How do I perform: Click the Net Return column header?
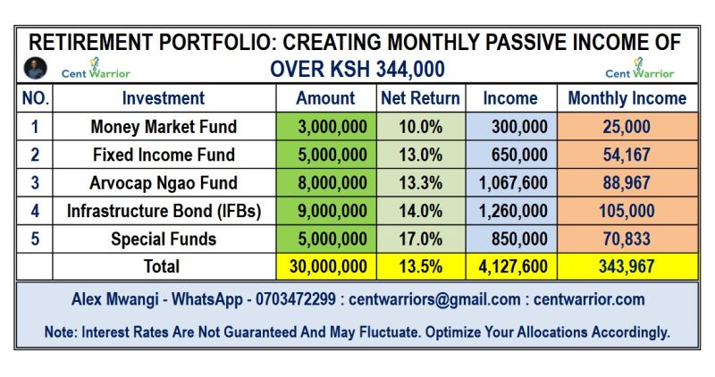coord(419,98)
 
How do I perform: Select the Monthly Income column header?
coord(627,98)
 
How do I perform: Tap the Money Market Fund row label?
coord(163,127)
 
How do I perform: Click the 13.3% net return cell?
coord(419,183)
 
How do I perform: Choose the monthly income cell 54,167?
coord(627,155)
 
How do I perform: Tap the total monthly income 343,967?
coord(627,266)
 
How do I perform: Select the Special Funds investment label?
coord(163,239)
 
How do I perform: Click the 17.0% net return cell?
coord(419,239)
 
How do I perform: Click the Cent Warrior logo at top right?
coord(640,68)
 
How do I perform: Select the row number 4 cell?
coord(34,212)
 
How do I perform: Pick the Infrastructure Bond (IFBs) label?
coord(163,212)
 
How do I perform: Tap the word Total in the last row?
coord(163,266)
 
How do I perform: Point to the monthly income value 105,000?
coord(627,212)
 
